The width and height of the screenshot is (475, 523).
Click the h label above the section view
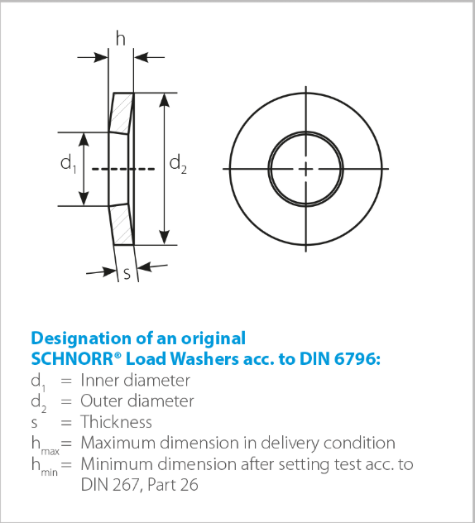[x=121, y=38]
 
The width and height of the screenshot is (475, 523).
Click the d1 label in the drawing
[x=69, y=164]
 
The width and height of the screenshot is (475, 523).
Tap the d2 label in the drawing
[x=178, y=164]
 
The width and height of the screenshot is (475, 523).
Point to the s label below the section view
[x=127, y=274]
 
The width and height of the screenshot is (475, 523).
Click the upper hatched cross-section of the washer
[x=122, y=113]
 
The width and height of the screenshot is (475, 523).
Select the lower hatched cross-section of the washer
[x=122, y=224]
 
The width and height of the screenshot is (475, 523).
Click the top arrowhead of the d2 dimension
[x=164, y=100]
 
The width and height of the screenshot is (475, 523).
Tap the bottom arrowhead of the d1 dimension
[x=84, y=199]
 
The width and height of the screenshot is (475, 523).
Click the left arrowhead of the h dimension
[x=101, y=57]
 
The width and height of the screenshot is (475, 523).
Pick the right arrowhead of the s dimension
[x=145, y=266]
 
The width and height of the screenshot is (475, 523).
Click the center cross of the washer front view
[x=306, y=169]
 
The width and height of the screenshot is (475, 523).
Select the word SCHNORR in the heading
[x=72, y=359]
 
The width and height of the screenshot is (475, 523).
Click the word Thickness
[x=116, y=422]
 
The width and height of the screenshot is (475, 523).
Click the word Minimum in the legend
[x=117, y=464]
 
